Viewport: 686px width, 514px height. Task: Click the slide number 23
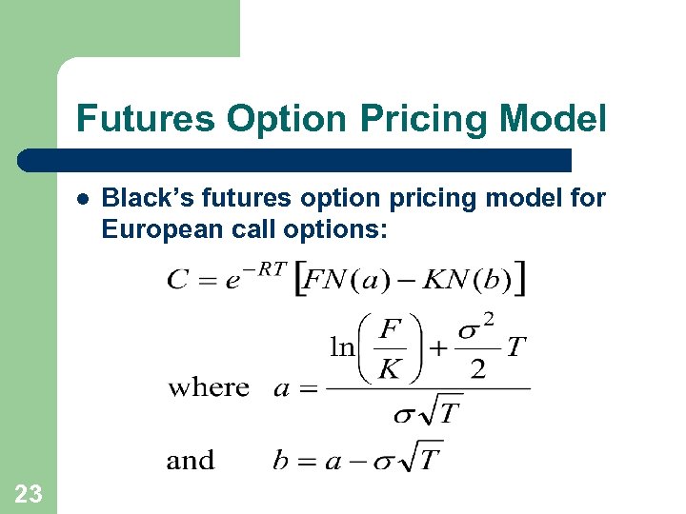coord(29,493)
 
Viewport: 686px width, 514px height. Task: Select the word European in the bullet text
coord(154,229)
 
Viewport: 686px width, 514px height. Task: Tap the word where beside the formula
coord(209,387)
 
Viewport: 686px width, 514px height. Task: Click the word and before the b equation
coord(191,461)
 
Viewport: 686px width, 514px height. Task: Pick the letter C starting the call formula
coord(178,280)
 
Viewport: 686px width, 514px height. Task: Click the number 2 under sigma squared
coord(477,369)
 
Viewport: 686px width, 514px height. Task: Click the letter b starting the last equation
coord(280,461)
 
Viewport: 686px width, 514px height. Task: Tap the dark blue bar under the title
coord(295,160)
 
